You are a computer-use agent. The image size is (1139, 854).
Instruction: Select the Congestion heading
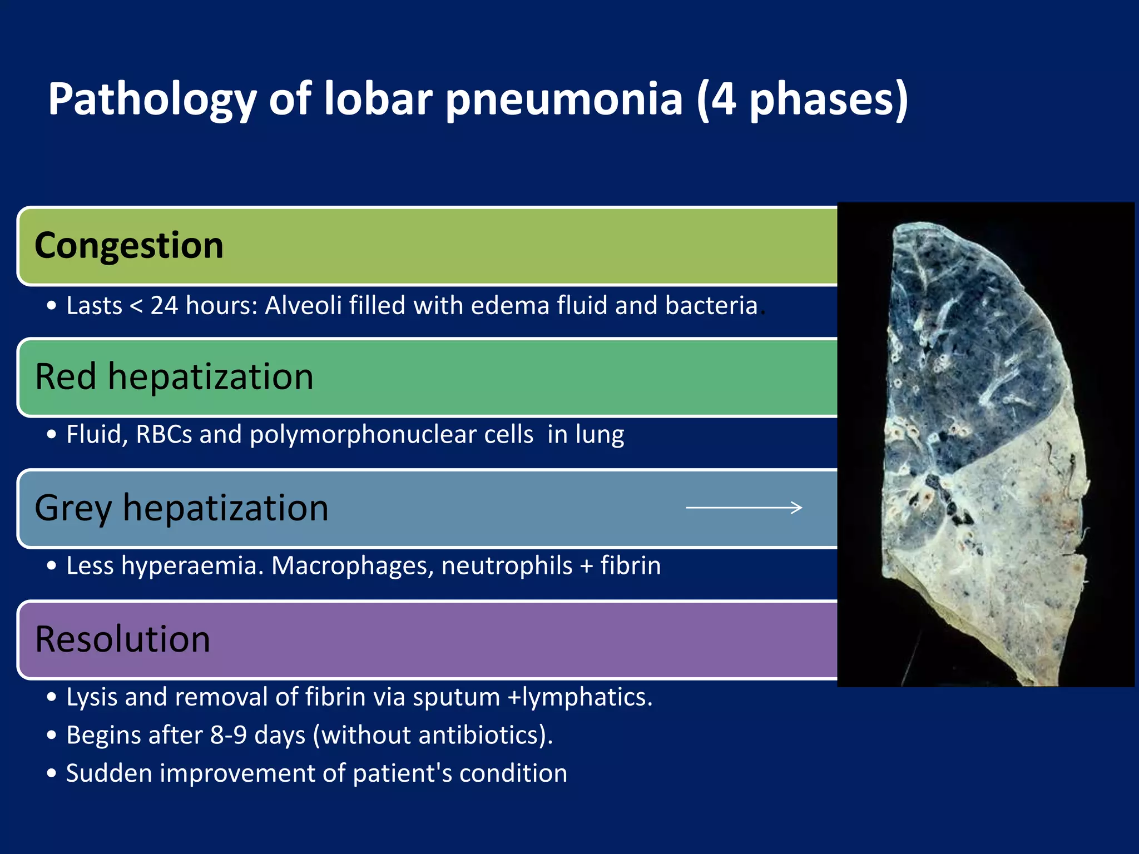(x=129, y=246)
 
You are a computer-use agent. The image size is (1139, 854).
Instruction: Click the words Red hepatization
(x=174, y=377)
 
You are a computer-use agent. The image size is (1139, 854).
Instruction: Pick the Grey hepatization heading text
(x=181, y=508)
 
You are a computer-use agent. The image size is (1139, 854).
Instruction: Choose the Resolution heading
(x=122, y=639)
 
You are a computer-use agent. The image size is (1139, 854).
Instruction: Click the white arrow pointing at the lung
(x=744, y=508)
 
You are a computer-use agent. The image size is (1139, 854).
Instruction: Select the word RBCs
(x=164, y=435)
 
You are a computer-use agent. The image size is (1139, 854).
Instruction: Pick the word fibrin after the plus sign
(x=630, y=566)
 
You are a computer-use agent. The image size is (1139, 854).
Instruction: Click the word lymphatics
(x=586, y=697)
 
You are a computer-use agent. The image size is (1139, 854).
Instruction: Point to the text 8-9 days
(x=257, y=735)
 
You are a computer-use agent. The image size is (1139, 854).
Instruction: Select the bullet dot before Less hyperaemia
(x=52, y=566)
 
